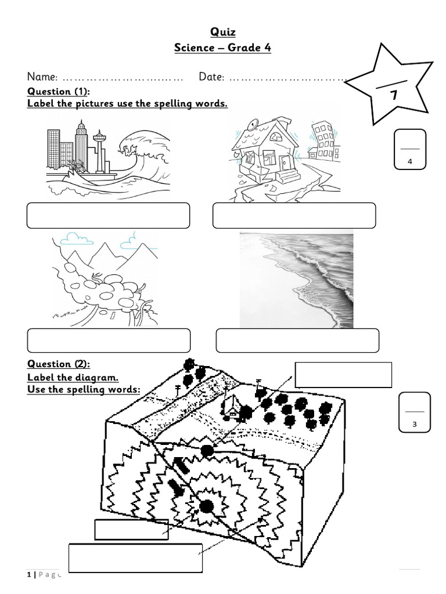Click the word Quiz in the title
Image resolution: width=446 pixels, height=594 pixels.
coord(223,32)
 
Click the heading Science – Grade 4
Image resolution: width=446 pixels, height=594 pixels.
coord(223,48)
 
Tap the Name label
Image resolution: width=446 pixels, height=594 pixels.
coord(42,77)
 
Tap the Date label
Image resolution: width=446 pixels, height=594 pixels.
coord(212,77)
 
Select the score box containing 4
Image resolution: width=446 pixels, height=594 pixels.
coord(410,150)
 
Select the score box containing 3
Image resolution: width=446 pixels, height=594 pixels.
coord(415,412)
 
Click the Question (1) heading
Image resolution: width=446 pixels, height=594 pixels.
coord(59,92)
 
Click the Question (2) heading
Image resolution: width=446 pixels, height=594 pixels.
coord(59,364)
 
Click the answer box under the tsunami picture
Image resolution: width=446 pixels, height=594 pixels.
coord(109,215)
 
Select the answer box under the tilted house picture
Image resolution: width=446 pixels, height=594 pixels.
coord(294,215)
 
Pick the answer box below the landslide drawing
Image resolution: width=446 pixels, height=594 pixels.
coord(109,341)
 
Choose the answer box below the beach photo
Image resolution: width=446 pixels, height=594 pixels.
coord(297,341)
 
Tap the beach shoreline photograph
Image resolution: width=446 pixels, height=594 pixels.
coord(296,280)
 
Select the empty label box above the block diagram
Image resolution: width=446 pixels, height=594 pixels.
coord(343,375)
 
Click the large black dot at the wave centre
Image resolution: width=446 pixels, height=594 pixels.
coord(206,506)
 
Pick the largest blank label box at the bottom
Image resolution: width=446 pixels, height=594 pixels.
coord(135,558)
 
